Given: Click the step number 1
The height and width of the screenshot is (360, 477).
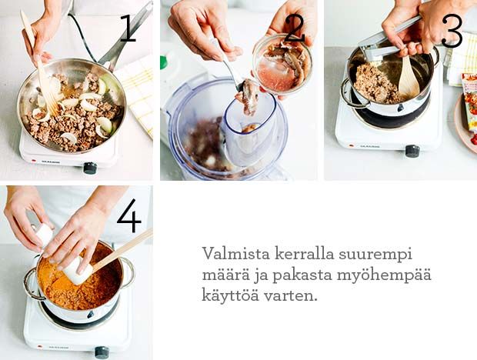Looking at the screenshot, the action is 128,28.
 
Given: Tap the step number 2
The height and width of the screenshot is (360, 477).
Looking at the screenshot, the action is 295,28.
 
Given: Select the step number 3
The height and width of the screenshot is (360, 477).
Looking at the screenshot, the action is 452,32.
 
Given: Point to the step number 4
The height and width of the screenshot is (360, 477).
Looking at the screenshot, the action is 129,215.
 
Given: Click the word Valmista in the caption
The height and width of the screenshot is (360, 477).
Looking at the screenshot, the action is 236,254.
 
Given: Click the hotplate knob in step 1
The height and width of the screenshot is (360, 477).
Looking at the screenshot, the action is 90,168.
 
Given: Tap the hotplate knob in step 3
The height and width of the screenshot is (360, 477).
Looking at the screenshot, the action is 412,151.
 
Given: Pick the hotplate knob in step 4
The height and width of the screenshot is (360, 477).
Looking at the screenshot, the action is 102,352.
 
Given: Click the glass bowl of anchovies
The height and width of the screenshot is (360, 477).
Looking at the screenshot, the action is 282,65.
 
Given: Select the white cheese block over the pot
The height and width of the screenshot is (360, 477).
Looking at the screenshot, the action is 78,270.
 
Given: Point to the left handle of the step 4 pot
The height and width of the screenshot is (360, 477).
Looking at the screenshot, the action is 31,283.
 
